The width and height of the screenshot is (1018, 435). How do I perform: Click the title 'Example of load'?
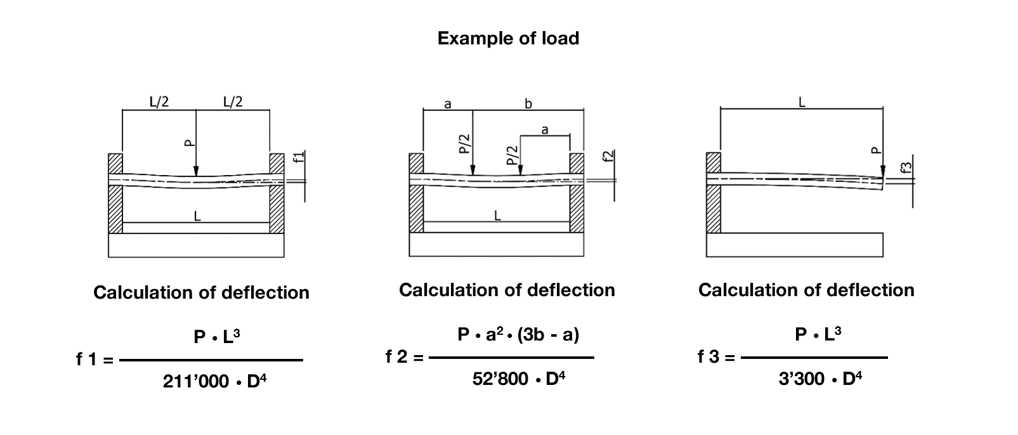[x=508, y=38]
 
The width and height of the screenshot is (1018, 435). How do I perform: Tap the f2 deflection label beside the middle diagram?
[x=608, y=158]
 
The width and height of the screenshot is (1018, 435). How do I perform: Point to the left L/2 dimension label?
[x=159, y=101]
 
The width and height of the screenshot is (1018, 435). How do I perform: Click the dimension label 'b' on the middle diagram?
[x=528, y=104]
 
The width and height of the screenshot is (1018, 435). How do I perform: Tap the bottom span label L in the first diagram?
[x=197, y=216]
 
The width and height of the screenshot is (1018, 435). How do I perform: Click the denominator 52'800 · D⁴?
[x=518, y=379]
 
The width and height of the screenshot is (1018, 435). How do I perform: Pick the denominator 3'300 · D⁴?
[x=819, y=379]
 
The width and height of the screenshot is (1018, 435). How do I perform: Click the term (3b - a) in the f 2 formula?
[x=548, y=334]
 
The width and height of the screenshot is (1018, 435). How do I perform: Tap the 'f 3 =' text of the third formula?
[x=716, y=357]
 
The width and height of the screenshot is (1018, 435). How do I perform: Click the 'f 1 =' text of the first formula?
[x=95, y=360]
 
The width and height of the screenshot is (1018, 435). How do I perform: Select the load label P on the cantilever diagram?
[x=876, y=150]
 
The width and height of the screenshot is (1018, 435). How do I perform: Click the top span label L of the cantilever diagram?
[x=802, y=102]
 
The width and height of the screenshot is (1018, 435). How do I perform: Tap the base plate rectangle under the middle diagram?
[x=496, y=245]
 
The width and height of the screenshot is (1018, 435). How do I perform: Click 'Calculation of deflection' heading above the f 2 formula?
[x=507, y=290]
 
